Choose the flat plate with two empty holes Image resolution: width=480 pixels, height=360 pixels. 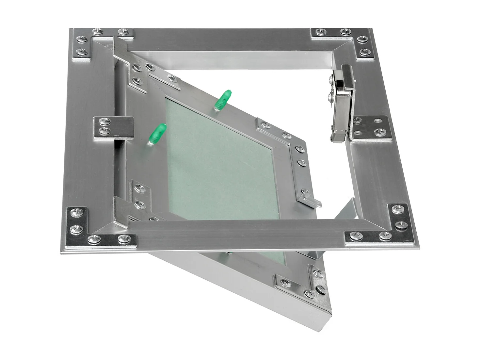[x=372, y=127]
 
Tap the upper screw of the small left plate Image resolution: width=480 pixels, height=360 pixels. [x=105, y=121]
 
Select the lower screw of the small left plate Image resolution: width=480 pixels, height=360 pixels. [x=104, y=131]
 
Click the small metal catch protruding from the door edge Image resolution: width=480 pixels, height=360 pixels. [x=312, y=200]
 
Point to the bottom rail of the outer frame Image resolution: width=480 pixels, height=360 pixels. [x=238, y=234]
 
